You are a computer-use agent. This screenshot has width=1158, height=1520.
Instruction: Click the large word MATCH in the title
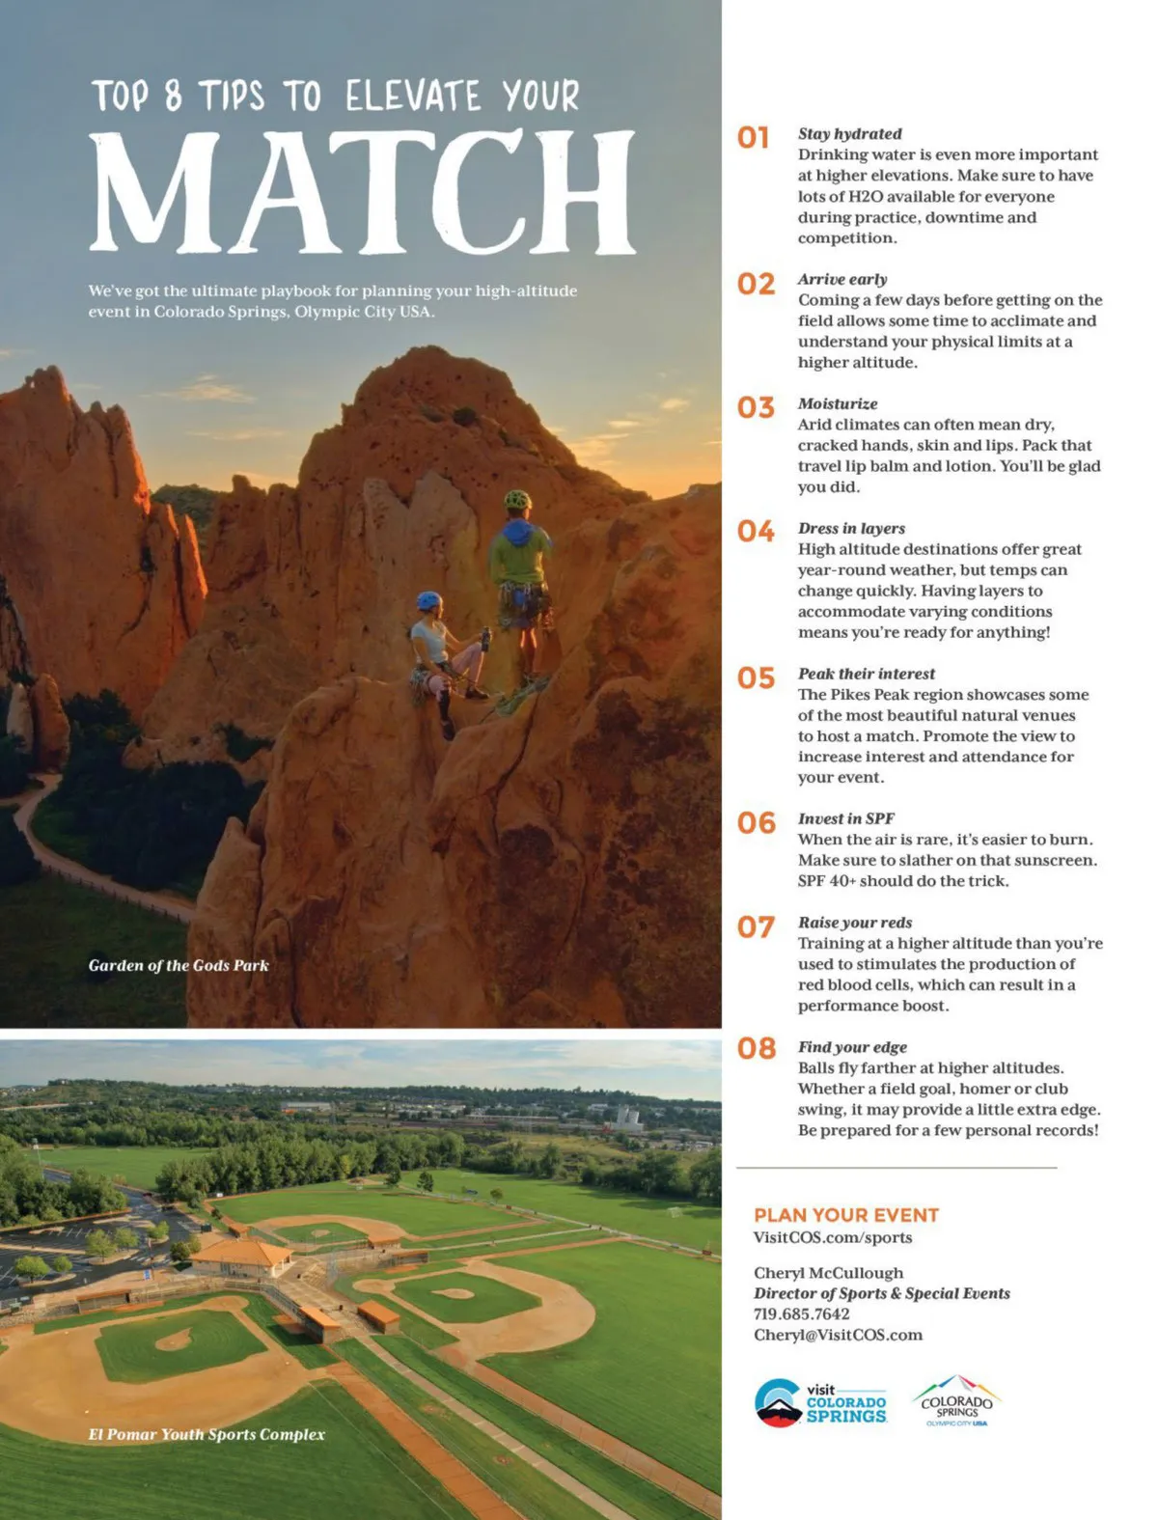(363, 191)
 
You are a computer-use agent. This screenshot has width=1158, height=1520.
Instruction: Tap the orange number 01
(754, 138)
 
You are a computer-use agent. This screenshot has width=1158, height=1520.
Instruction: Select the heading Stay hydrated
(849, 134)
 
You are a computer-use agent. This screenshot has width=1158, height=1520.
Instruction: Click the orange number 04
(756, 532)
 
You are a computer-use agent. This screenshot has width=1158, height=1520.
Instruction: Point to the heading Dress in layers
(851, 529)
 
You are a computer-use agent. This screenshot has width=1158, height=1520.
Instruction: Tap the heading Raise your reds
(854, 923)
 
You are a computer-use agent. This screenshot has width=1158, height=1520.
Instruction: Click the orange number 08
(757, 1049)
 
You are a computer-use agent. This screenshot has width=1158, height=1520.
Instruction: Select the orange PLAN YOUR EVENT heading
(846, 1215)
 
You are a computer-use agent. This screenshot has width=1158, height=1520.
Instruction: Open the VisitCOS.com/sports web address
(832, 1237)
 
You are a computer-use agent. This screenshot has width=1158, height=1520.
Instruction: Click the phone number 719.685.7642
(801, 1314)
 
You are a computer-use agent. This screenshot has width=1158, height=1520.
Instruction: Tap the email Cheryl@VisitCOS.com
(838, 1336)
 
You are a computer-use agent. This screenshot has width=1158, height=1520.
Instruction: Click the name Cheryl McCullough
(828, 1273)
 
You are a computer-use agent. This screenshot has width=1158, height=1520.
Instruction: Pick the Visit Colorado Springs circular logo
(778, 1402)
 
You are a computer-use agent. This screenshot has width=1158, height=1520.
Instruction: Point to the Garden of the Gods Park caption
(179, 965)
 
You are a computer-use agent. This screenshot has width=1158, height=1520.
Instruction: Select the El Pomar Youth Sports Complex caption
(207, 1435)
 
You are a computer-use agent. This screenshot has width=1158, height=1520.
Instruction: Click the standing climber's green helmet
(517, 500)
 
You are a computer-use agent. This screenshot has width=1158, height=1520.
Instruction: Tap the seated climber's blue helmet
(428, 600)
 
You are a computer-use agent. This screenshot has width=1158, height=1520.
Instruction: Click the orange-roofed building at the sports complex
(241, 1256)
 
